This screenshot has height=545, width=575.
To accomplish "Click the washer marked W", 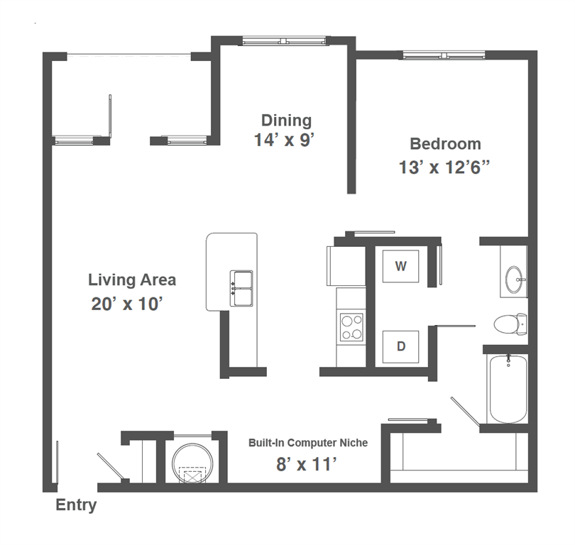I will (x=401, y=267).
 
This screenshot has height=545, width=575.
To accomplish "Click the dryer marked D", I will (x=400, y=346).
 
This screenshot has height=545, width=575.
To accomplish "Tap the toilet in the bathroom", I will (x=510, y=324).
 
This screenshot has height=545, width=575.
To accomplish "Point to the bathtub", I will (x=508, y=389).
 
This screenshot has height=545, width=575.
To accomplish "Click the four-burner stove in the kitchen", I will (x=351, y=327).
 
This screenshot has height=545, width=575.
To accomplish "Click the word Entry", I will (x=76, y=506).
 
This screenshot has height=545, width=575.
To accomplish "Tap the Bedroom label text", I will (x=445, y=144).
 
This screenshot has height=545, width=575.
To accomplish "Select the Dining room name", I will (x=286, y=120).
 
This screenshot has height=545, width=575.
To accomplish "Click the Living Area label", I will (x=132, y=280).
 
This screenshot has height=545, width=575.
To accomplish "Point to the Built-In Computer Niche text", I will (x=308, y=443).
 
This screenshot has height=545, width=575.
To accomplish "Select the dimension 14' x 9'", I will (x=284, y=141).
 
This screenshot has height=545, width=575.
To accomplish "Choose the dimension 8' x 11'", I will (x=305, y=466).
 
